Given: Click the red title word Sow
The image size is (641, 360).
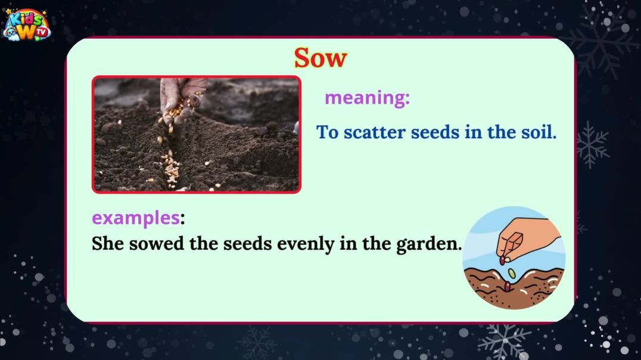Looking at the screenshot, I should [320, 58].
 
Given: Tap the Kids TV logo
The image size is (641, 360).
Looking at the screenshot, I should [26, 25].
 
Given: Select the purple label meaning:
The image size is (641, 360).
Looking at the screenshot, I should [367, 98].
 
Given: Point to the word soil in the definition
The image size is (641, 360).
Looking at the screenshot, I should [538, 132].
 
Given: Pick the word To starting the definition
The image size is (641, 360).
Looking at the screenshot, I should [327, 132].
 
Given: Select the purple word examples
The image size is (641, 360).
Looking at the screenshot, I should [135, 218].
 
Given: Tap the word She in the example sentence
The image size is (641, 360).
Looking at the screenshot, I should [107, 244].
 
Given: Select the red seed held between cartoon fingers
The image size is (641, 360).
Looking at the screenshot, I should [502, 260].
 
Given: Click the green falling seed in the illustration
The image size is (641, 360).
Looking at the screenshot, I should [512, 273].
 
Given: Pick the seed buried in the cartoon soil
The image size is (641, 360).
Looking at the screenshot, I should [507, 287].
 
